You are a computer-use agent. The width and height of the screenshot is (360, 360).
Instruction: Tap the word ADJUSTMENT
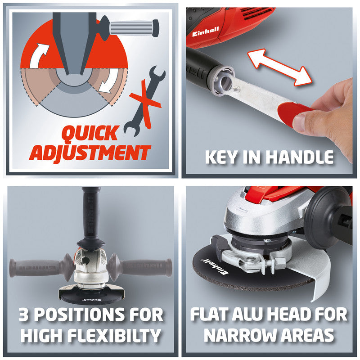pos(90,153)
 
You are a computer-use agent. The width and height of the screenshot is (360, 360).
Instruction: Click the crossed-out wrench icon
pos(144,101)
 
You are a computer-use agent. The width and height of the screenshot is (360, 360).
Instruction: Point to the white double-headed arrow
pos(279,67)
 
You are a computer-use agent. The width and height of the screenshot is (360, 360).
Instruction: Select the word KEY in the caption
pos(221,157)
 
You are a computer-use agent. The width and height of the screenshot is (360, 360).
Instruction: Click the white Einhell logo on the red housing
pos(205,32)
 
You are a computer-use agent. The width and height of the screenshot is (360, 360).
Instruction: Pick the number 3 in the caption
pos(24,314)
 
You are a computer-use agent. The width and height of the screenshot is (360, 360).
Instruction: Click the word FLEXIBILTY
pos(114,335)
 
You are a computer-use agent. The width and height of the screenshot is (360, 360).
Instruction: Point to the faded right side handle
pos(140,267)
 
